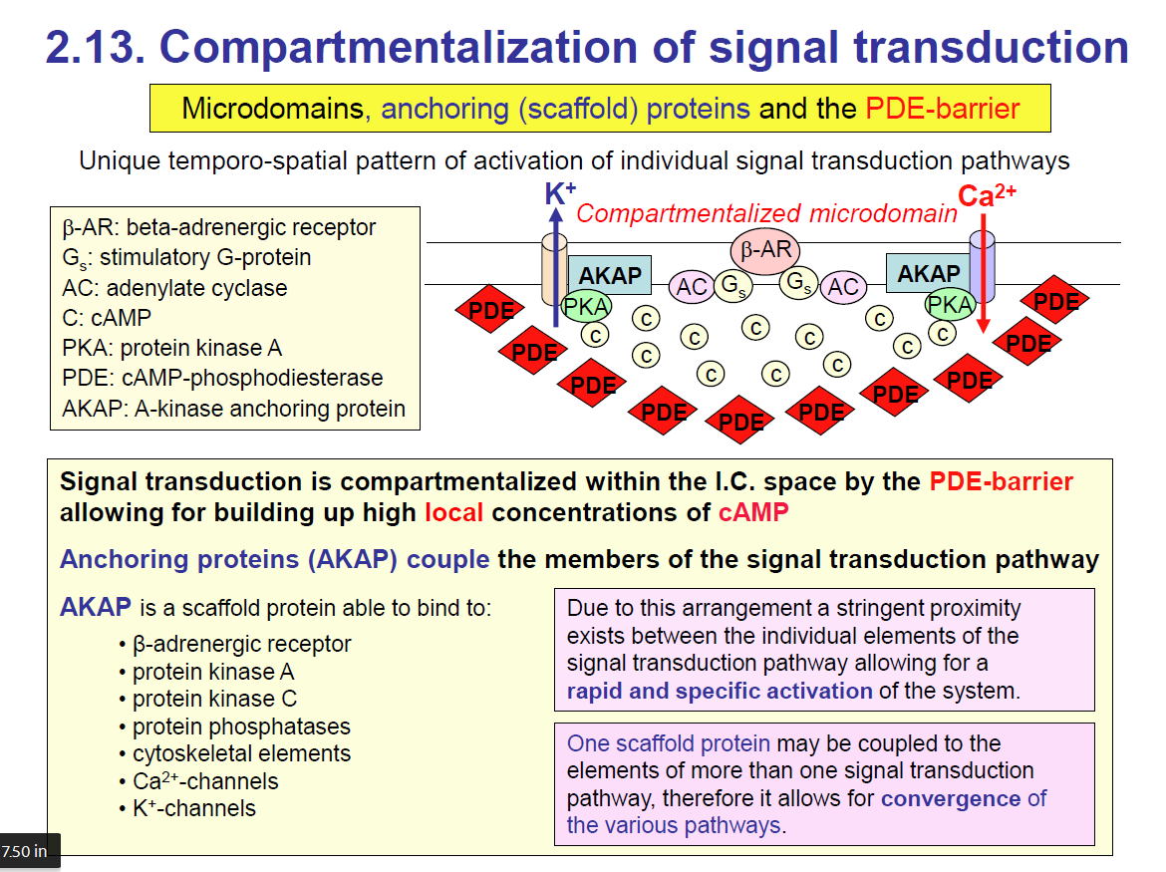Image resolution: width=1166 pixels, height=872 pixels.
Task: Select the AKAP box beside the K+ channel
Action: point(610,276)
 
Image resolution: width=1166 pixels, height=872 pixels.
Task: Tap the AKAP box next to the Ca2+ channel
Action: point(928,273)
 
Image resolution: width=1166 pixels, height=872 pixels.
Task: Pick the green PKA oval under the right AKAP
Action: point(950,304)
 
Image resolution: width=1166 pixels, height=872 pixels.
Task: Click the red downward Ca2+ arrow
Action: point(983,279)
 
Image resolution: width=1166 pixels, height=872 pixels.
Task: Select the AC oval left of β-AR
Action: point(692,288)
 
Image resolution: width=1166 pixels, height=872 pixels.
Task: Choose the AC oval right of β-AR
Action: point(843,288)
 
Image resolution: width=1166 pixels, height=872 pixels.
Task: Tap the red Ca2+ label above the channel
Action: point(987,195)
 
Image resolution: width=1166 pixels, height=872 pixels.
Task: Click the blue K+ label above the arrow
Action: point(560,193)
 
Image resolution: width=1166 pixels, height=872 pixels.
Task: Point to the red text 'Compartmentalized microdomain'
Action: point(766,213)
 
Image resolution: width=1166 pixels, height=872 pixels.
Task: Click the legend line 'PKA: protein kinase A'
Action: point(171,348)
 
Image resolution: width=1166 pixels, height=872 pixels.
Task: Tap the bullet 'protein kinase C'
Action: point(214,699)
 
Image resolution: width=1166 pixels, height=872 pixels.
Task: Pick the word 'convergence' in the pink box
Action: point(951,798)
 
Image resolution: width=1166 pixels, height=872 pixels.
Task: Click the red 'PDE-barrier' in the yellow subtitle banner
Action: point(943,108)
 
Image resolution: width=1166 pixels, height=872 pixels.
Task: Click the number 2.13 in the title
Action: point(96,47)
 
